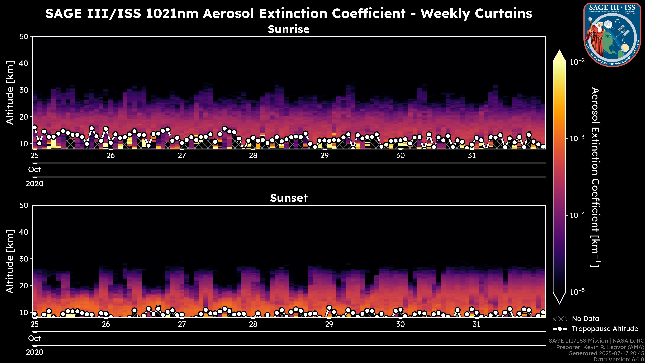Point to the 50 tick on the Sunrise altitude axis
(24, 37)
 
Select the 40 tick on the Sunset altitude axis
(24, 232)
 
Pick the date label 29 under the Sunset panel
(329, 324)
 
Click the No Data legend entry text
(585, 319)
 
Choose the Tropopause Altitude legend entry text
(605, 329)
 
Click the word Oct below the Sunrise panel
(35, 170)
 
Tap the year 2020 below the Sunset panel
(35, 352)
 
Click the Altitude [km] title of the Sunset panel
(10, 261)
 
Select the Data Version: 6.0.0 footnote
(619, 359)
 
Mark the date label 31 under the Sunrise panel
(472, 156)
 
